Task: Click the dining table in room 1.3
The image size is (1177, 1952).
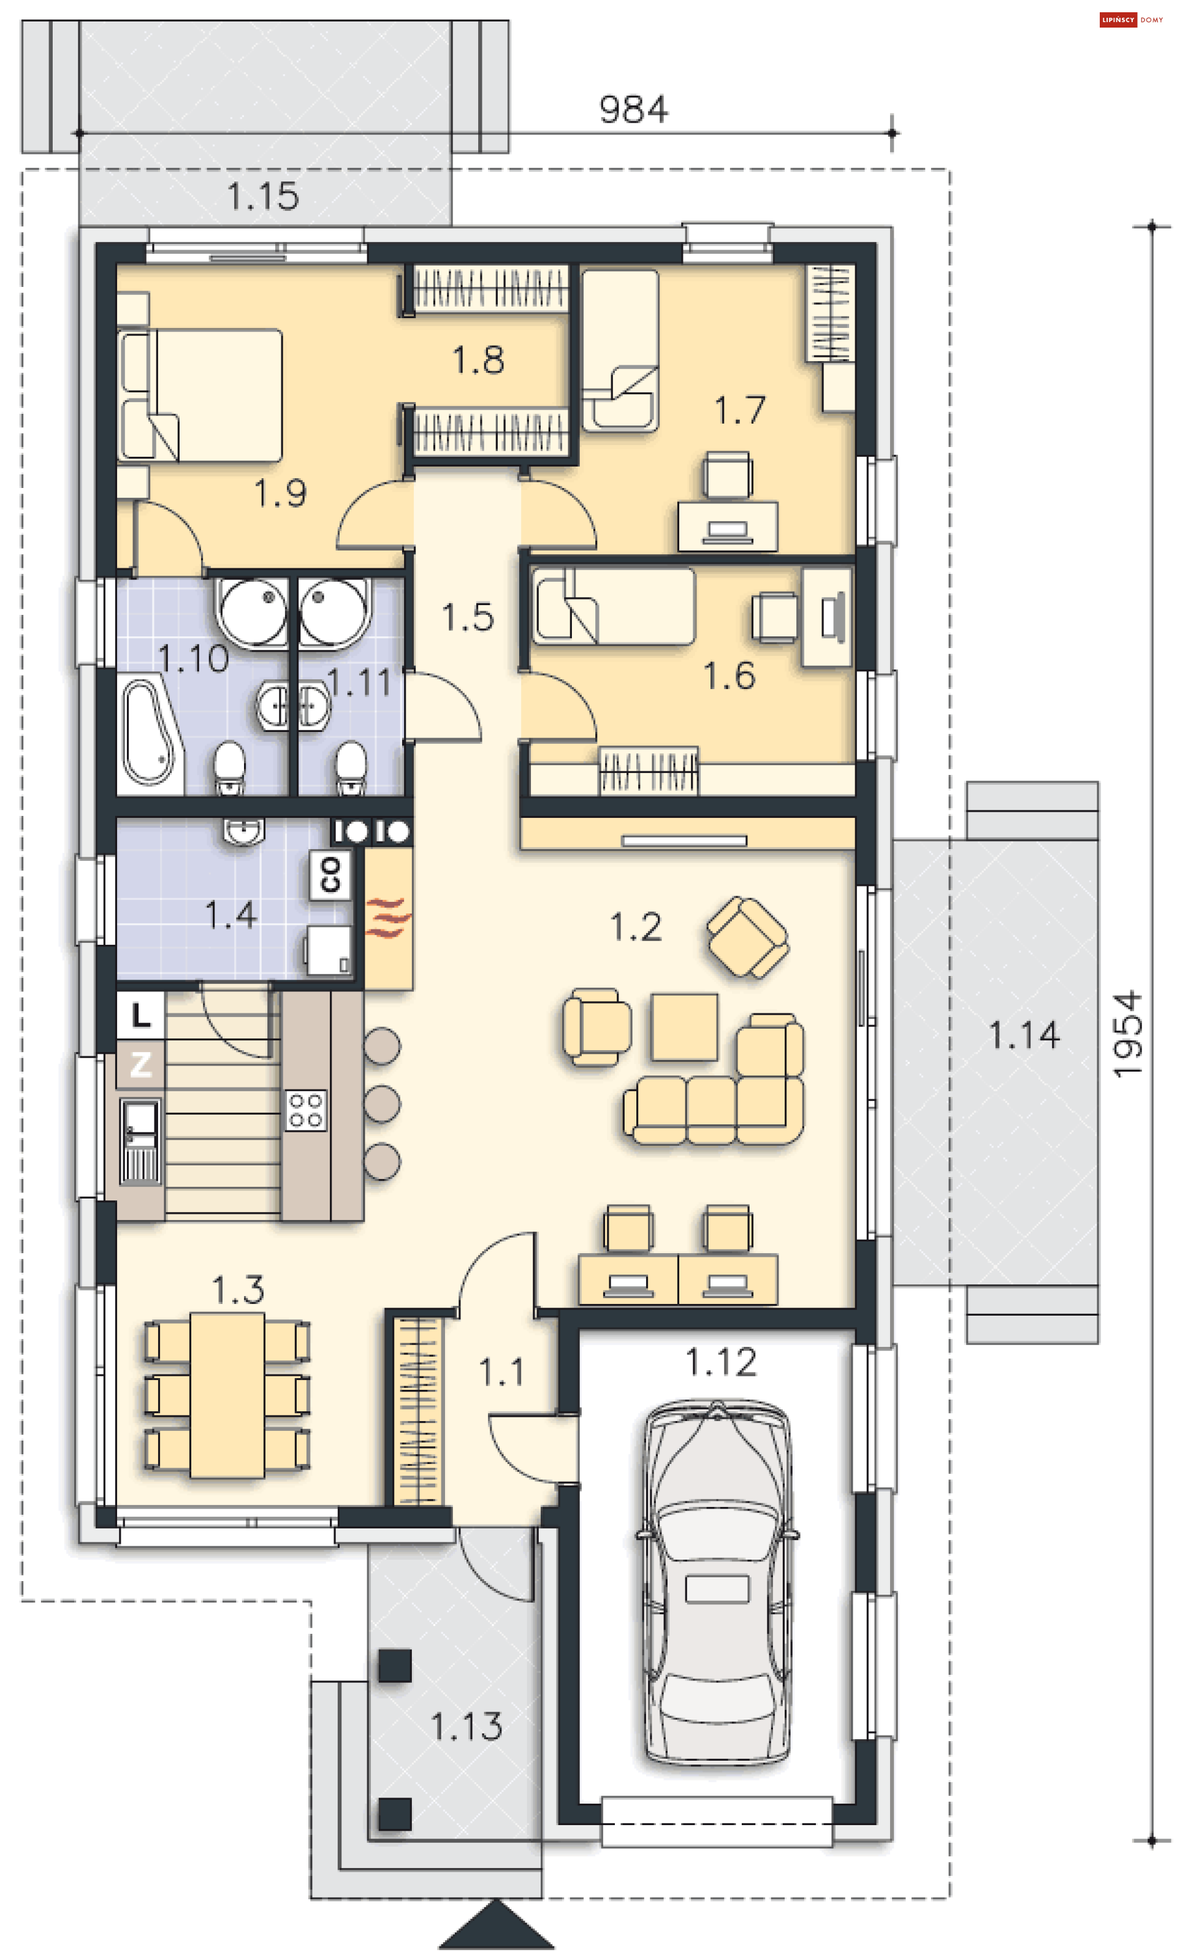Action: pyautogui.click(x=227, y=1395)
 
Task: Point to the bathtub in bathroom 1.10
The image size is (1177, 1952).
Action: pyautogui.click(x=150, y=733)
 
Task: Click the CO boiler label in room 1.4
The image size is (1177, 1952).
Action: pyautogui.click(x=330, y=875)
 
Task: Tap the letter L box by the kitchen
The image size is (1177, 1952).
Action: pyautogui.click(x=141, y=1015)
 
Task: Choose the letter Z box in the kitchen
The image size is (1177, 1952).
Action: pyautogui.click(x=141, y=1064)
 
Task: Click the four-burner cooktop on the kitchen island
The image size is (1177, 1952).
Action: pyautogui.click(x=306, y=1109)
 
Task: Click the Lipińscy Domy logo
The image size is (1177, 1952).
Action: pyautogui.click(x=1131, y=20)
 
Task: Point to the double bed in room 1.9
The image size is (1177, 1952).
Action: pyautogui.click(x=200, y=395)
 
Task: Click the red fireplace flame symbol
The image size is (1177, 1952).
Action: pyautogui.click(x=388, y=918)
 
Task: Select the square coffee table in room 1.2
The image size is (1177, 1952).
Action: pyautogui.click(x=684, y=1027)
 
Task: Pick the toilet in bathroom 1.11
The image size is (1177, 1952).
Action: pyautogui.click(x=350, y=766)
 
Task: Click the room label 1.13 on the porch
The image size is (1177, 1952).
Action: pyautogui.click(x=467, y=1726)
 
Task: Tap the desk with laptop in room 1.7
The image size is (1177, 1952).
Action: pyautogui.click(x=728, y=526)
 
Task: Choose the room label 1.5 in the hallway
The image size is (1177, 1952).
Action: pyautogui.click(x=468, y=617)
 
